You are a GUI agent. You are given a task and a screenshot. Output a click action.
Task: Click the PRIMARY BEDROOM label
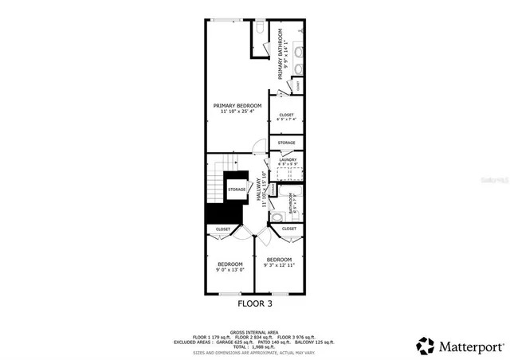[x=234, y=105]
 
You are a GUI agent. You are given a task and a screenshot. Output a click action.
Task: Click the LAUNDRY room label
[x=286, y=160]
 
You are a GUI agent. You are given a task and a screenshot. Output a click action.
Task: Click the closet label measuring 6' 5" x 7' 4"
[x=286, y=115]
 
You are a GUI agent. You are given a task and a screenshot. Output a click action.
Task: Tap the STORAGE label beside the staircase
[x=237, y=190]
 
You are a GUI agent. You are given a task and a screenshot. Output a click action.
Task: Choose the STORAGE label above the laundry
[x=286, y=143]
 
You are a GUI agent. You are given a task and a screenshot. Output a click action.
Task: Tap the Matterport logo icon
[x=425, y=346]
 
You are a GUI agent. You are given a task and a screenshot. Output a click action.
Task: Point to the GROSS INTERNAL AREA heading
[x=254, y=332]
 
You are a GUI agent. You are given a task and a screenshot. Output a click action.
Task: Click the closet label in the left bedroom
[x=223, y=229]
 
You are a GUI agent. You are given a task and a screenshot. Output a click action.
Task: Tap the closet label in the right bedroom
[x=288, y=229]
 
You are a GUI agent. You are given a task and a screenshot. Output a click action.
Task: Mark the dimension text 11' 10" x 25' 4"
[x=234, y=112]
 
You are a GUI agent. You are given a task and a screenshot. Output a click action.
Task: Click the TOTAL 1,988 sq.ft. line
[x=254, y=346]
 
